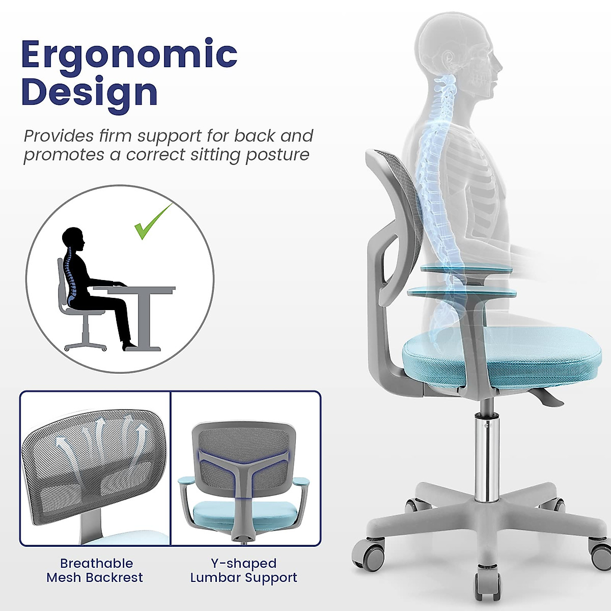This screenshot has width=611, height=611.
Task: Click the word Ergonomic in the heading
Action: (129, 55)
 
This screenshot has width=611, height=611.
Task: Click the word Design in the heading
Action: (90, 93)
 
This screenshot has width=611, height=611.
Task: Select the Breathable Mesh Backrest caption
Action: (95, 570)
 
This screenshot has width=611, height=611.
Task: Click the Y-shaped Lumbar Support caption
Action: (243, 570)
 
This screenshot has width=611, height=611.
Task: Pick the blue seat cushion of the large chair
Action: (499, 356)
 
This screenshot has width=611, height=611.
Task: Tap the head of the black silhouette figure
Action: (73, 239)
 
